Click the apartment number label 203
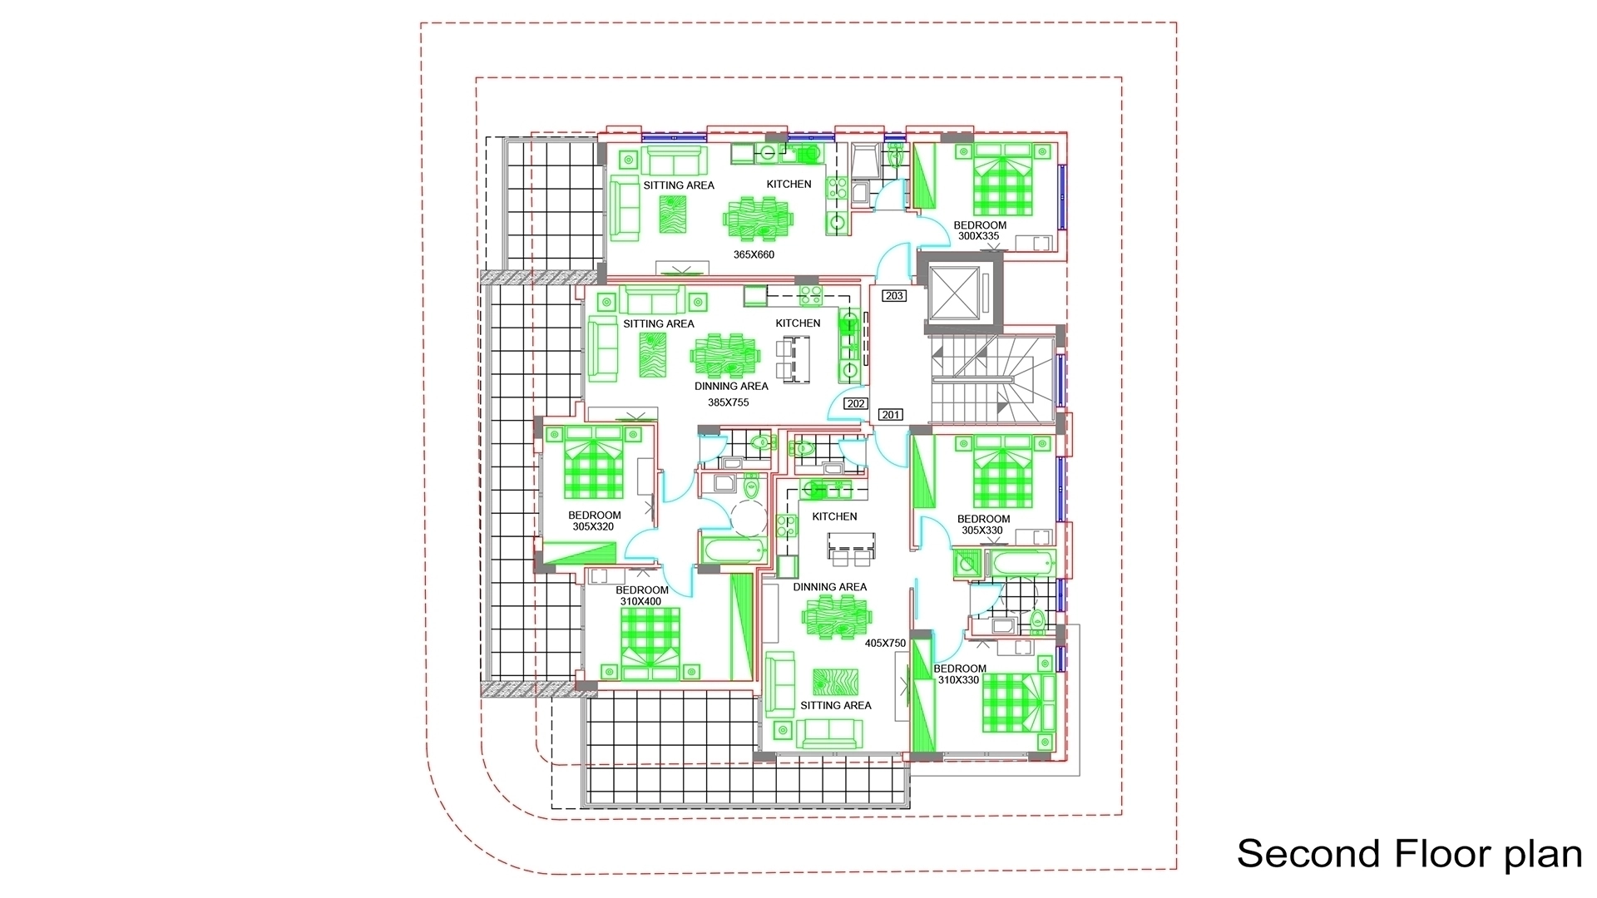[894, 296]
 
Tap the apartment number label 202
[856, 404]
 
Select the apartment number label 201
[891, 415]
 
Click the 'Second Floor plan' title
[1409, 854]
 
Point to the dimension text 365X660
[754, 254]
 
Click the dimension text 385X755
[728, 402]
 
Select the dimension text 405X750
[885, 644]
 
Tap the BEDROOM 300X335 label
[980, 230]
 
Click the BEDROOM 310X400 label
[642, 596]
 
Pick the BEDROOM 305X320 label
[594, 521]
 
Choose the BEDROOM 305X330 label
[983, 525]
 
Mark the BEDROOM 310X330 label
[960, 674]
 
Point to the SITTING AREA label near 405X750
[836, 706]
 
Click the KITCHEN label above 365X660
[789, 185]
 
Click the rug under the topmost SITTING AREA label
[674, 215]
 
